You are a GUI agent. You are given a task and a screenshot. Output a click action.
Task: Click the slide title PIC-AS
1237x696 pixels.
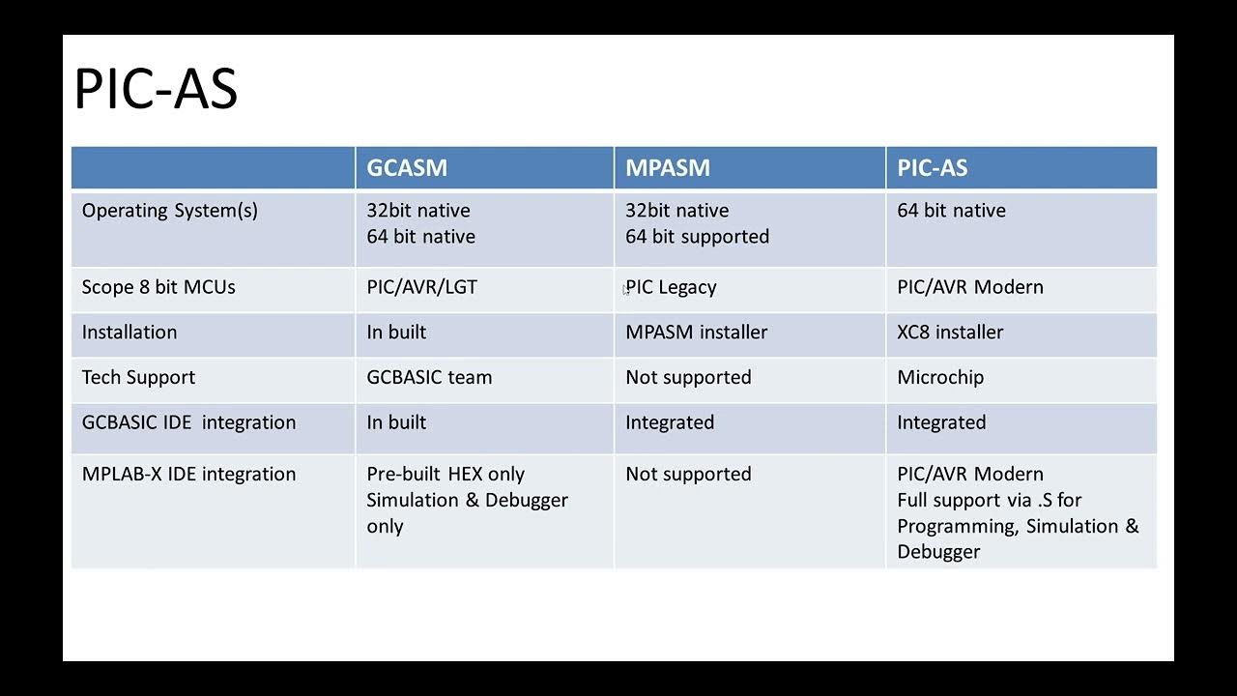click(156, 89)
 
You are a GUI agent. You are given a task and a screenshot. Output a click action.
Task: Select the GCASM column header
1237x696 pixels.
click(407, 168)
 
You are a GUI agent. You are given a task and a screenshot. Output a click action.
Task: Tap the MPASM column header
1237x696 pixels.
click(668, 168)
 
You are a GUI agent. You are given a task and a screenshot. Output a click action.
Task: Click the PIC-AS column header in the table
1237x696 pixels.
click(932, 168)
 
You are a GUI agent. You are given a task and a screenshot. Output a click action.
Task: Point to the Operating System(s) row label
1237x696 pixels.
click(170, 211)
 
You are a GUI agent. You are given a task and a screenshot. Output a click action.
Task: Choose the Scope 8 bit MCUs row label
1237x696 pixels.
click(158, 287)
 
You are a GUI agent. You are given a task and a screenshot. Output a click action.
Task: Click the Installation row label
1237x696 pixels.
click(129, 333)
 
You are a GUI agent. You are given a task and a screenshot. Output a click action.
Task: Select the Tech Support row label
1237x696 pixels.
click(138, 378)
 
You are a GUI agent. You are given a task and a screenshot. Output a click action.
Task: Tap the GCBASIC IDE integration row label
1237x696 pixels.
click(188, 422)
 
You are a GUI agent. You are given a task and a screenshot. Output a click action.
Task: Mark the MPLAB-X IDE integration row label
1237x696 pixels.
click(188, 475)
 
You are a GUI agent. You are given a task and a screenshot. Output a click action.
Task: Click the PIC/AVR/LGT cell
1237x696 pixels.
click(421, 287)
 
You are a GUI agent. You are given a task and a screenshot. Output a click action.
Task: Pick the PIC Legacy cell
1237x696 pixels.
click(672, 287)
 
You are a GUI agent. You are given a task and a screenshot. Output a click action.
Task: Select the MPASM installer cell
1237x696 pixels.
click(696, 333)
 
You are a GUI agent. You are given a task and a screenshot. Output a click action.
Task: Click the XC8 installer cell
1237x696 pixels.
click(950, 333)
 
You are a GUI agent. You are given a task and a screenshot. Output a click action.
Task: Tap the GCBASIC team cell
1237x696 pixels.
click(429, 378)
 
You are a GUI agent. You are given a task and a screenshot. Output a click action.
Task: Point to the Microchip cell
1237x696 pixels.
click(940, 378)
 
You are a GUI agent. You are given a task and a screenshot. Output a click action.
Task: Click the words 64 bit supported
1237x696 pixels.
click(697, 237)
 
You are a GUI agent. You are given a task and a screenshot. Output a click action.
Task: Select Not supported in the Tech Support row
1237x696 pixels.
click(688, 378)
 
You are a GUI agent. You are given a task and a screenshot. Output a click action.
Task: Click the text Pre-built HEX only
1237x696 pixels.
click(446, 475)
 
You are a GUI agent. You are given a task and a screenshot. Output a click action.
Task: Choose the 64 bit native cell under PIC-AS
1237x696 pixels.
click(951, 211)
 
